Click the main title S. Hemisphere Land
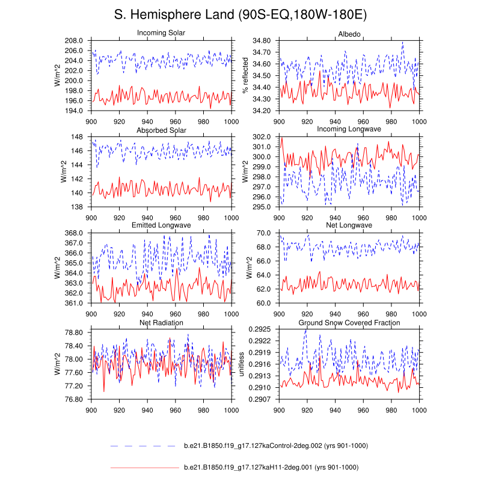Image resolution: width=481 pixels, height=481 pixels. (240, 14)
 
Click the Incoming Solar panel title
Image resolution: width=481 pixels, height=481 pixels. (161, 33)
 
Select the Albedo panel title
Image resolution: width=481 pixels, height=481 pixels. (349, 34)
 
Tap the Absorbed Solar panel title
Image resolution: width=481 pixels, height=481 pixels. (161, 130)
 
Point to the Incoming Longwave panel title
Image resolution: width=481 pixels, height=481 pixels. (349, 130)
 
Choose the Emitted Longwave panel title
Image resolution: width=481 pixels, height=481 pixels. (161, 225)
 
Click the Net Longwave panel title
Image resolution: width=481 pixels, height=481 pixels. (349, 225)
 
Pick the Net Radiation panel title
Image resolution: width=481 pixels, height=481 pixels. (161, 323)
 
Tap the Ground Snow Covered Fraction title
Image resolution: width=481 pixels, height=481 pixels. (349, 323)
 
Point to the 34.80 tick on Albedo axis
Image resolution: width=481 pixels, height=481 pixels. (262, 40)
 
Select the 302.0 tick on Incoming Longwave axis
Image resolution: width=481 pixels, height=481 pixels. (263, 137)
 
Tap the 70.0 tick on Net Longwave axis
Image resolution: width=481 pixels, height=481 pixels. (265, 233)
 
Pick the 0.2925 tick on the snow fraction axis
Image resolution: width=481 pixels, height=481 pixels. (259, 329)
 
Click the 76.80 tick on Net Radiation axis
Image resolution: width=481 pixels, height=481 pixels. (75, 399)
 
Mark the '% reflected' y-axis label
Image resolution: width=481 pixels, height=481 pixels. (245, 76)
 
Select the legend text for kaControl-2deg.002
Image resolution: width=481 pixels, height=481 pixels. (275, 446)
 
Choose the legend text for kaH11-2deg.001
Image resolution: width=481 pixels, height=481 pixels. (271, 467)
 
